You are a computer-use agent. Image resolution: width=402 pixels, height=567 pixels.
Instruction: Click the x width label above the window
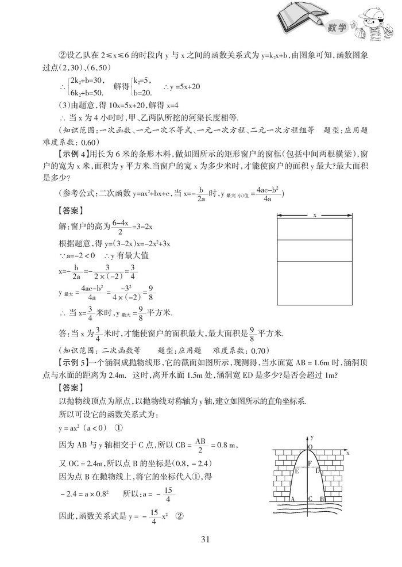click(x=315, y=216)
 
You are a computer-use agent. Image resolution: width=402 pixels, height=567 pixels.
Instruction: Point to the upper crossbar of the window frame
click(x=315, y=238)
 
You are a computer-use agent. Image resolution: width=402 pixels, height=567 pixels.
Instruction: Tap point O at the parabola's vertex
click(x=311, y=446)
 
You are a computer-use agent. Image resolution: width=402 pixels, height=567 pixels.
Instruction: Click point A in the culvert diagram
click(x=292, y=499)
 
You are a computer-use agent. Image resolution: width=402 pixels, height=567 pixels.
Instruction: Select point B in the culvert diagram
click(x=324, y=499)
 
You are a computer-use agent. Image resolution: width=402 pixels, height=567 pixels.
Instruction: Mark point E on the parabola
click(x=297, y=470)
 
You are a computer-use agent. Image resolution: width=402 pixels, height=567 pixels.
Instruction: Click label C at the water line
click(x=310, y=499)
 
